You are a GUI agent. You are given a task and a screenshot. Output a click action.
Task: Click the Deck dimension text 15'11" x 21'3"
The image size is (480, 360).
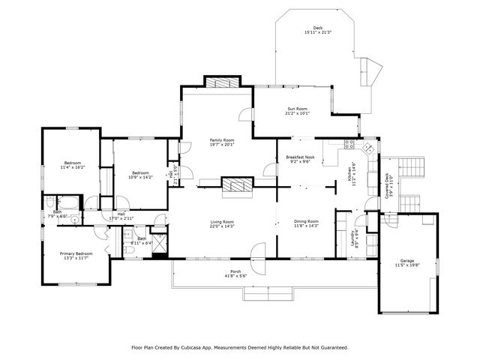[x=317, y=33]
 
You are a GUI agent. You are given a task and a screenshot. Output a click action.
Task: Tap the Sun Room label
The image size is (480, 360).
[x=297, y=109]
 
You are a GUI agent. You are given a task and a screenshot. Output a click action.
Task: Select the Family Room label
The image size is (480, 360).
[x=222, y=140]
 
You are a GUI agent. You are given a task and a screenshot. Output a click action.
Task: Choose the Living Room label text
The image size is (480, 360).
[x=222, y=222]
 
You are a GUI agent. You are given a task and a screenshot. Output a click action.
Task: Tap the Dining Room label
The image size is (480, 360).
[x=306, y=221]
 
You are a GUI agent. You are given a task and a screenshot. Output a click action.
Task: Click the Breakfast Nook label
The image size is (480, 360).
[x=299, y=157]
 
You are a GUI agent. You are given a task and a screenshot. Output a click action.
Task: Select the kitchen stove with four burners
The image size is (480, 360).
[x=349, y=145]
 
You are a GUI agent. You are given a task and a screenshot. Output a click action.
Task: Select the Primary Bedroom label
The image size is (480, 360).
[x=76, y=253]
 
